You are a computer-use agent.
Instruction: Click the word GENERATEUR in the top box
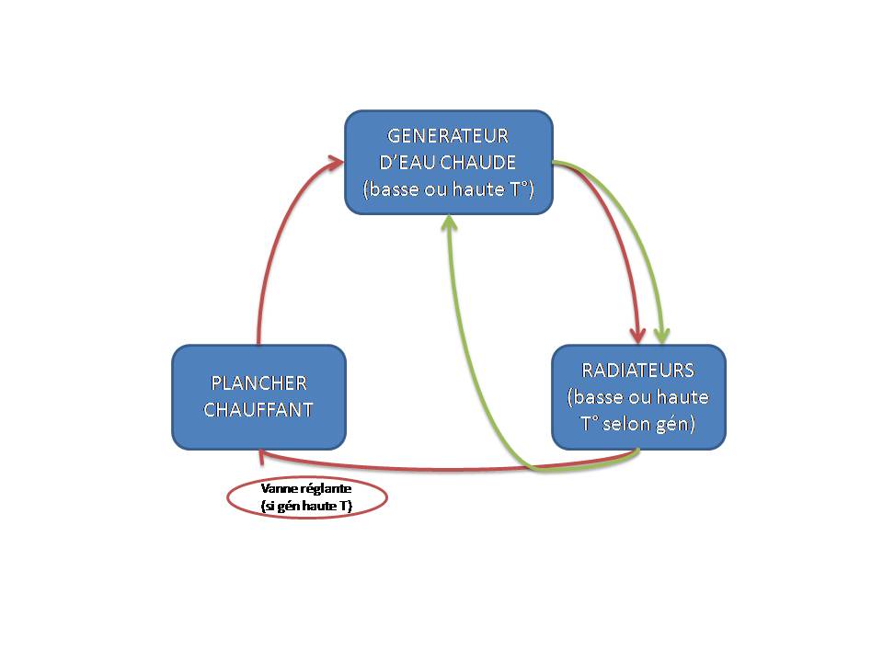[448, 136]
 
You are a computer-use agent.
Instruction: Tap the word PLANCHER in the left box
[258, 382]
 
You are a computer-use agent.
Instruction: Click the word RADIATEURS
[637, 371]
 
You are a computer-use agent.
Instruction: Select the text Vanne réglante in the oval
[306, 488]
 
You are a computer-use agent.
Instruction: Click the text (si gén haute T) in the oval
[307, 507]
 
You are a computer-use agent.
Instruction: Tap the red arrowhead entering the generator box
[338, 163]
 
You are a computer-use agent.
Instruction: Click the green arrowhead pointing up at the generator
[449, 223]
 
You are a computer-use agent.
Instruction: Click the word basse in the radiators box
[601, 398]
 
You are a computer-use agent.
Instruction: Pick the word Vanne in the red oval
[279, 488]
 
